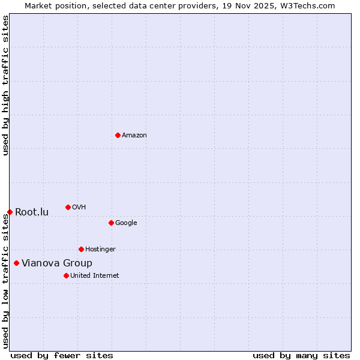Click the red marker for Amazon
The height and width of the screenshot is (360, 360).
(x=118, y=135)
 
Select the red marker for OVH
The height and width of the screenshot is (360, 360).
(x=68, y=207)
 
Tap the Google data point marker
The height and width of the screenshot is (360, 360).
(x=111, y=223)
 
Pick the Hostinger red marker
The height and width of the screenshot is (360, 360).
(x=81, y=249)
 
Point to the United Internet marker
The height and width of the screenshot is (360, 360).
(x=66, y=275)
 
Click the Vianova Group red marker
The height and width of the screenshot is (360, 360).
(x=16, y=263)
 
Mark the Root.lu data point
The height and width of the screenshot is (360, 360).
(x=10, y=212)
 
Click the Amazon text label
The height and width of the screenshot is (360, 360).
(x=134, y=136)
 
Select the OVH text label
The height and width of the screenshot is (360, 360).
(x=79, y=208)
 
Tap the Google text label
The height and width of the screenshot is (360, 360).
(x=126, y=223)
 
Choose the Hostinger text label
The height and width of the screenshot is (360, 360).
(x=100, y=250)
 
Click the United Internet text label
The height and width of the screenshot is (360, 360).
(x=95, y=276)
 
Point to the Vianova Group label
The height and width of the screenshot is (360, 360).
(x=57, y=263)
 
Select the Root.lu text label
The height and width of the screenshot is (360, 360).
(x=32, y=212)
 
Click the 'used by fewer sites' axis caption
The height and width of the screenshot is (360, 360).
(x=62, y=355)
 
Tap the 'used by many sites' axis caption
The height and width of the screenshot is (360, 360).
(x=301, y=355)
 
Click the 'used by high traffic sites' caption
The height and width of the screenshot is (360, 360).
(x=5, y=85)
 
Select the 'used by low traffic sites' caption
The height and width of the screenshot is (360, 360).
(x=5, y=281)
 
